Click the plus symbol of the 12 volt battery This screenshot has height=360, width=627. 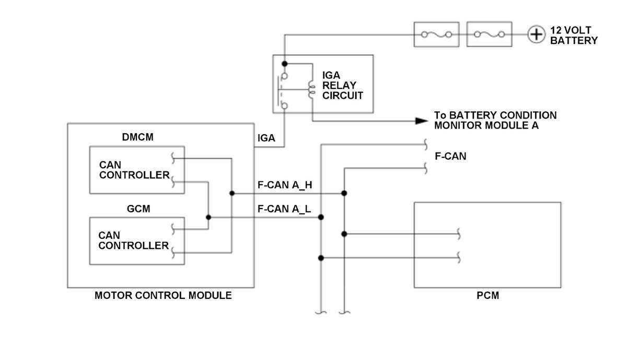536,34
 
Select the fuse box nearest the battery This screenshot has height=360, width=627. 489,34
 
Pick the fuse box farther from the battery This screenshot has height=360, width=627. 436,34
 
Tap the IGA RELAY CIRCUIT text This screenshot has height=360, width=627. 342,85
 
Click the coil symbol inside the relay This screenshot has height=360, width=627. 311,89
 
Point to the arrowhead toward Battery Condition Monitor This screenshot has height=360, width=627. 422,121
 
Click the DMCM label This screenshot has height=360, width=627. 137,137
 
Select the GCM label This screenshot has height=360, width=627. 138,209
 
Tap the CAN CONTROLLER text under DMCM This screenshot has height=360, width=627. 134,170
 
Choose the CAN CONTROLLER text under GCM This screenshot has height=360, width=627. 133,240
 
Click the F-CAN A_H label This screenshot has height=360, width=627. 285,185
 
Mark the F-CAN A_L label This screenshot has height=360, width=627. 284,209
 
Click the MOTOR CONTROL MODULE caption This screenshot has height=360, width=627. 163,296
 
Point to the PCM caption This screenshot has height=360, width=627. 487,296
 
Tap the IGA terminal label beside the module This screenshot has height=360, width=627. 266,138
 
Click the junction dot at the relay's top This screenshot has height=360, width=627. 285,64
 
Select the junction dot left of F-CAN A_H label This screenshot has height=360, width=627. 232,193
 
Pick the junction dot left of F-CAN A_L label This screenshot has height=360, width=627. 208,217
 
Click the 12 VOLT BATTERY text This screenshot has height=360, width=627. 574,36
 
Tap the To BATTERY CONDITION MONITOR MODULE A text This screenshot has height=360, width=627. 495,120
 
